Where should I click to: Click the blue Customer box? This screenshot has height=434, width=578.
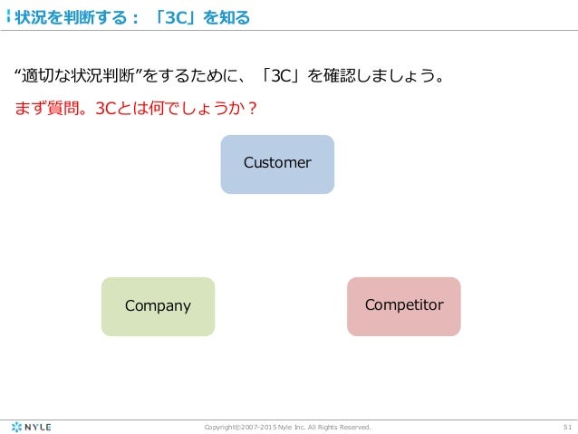(x=277, y=164)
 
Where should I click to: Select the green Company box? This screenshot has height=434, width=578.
(x=158, y=306)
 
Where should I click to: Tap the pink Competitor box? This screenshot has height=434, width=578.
(x=404, y=306)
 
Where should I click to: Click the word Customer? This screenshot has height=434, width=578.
(x=277, y=163)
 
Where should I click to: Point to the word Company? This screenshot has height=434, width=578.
(x=158, y=305)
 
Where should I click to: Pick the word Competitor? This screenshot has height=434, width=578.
(x=404, y=304)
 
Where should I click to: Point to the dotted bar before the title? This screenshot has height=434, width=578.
(x=9, y=17)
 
